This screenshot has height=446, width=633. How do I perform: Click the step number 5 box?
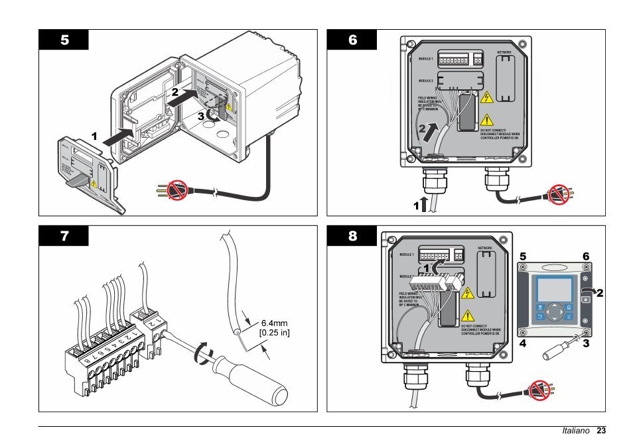pyautogui.click(x=64, y=40)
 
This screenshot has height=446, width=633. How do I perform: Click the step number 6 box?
pyautogui.click(x=352, y=40)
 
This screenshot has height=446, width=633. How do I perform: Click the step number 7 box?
pyautogui.click(x=64, y=236)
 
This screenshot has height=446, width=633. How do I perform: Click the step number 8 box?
pyautogui.click(x=352, y=236)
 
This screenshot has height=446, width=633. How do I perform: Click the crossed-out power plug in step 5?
pyautogui.click(x=176, y=191)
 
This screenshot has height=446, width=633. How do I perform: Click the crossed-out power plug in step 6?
pyautogui.click(x=559, y=194)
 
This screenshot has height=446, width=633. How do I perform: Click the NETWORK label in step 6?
pyautogui.click(x=504, y=52)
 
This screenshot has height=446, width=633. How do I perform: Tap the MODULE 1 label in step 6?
pyautogui.click(x=425, y=59)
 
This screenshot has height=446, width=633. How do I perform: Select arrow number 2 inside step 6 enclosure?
pyautogui.click(x=432, y=130)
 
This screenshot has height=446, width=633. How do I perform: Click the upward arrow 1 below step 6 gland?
pyautogui.click(x=425, y=203)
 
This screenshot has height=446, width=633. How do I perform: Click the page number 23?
pyautogui.click(x=601, y=431)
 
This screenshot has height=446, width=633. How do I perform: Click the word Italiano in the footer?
pyautogui.click(x=575, y=431)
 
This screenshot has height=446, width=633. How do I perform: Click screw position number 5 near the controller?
pyautogui.click(x=523, y=256)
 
